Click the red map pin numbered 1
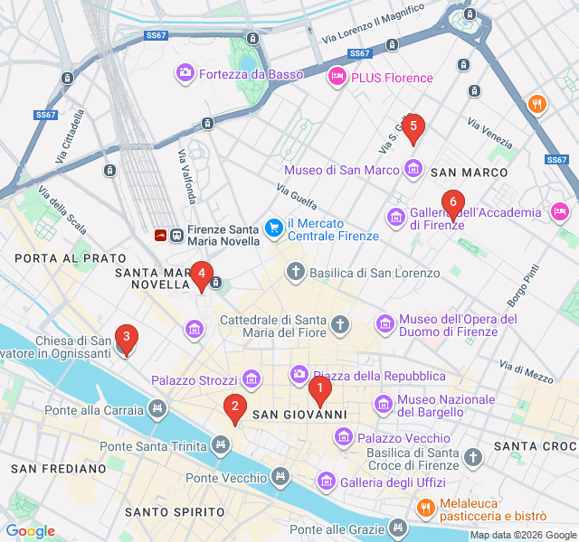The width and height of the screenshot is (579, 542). click(319, 390)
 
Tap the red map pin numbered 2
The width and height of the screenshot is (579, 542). click(235, 409)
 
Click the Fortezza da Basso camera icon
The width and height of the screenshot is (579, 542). click(185, 72)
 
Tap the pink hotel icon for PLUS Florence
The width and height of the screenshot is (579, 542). click(337, 77)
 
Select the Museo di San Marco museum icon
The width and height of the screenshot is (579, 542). click(413, 169)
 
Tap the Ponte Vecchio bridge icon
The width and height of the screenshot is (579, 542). click(281, 476)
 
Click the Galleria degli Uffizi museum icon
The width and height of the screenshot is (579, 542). click(326, 482)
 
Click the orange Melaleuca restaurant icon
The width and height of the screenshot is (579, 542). click(425, 509)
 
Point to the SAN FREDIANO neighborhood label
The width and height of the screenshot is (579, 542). click(59, 469)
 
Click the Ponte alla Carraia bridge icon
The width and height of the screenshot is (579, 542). click(158, 410)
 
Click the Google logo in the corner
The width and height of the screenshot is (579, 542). click(30, 531)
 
